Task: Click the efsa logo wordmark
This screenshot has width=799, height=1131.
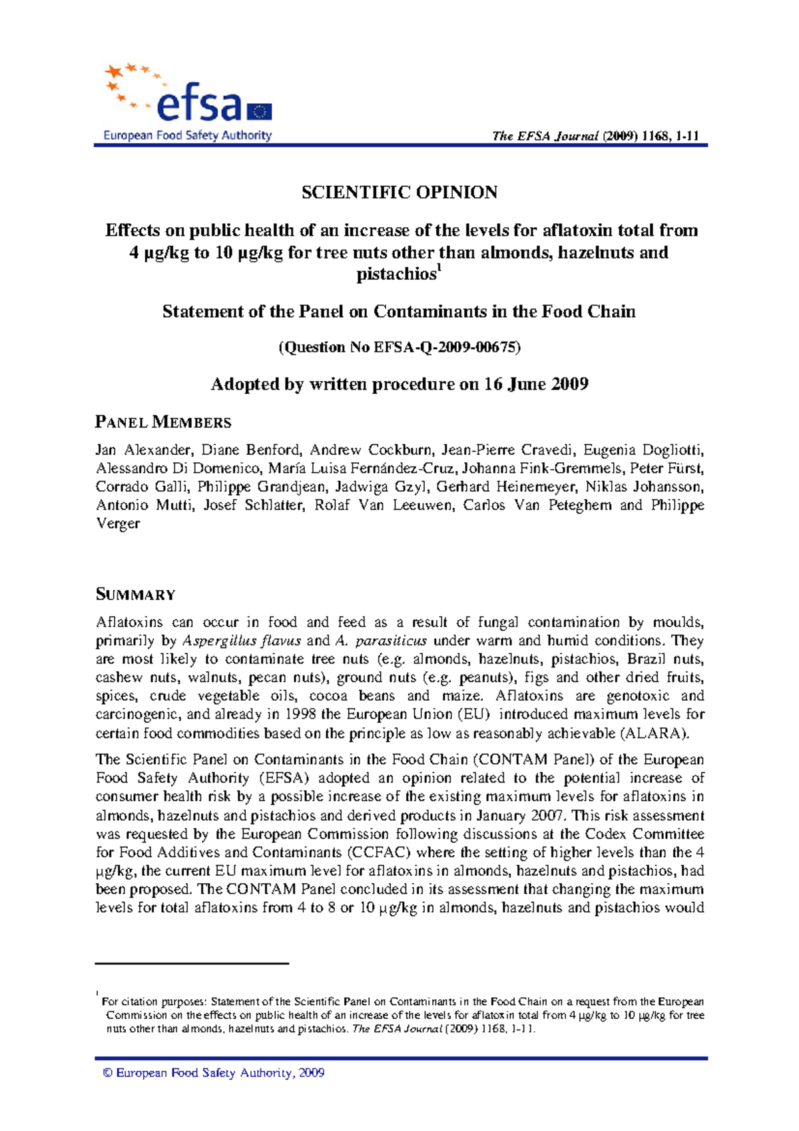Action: tap(198, 105)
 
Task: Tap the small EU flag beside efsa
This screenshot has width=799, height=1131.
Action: tap(260, 112)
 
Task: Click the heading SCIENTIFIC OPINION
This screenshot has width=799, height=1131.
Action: tap(400, 192)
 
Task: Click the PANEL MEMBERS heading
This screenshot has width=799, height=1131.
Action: tap(163, 422)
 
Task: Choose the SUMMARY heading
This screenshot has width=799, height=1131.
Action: tap(136, 594)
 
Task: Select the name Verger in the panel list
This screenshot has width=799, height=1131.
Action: tap(118, 524)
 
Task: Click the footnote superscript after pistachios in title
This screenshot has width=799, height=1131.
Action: tap(438, 268)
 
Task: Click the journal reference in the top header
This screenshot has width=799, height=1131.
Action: tap(595, 136)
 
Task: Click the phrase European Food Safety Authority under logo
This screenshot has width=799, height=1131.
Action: tap(187, 135)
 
